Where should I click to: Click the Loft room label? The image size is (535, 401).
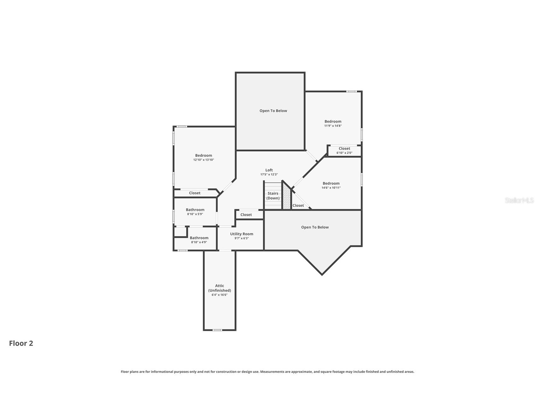click(269, 170)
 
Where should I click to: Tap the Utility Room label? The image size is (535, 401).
click(241, 234)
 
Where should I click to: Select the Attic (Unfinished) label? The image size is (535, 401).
click(219, 288)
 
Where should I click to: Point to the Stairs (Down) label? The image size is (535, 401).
click(273, 196)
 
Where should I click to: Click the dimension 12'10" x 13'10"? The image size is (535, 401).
click(204, 160)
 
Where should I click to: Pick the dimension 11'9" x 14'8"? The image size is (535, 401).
click(333, 126)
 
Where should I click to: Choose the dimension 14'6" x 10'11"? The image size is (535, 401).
click(331, 188)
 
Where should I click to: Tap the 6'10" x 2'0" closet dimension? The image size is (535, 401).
click(344, 153)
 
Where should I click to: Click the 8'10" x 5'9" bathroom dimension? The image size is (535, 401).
click(195, 214)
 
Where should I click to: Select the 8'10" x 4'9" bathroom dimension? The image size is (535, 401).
click(199, 242)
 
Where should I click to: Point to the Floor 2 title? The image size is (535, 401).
click(21, 343)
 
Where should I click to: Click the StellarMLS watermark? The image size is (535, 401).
click(519, 200)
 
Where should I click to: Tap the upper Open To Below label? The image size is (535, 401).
click(273, 111)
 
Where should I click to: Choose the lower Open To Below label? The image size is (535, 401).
click(315, 227)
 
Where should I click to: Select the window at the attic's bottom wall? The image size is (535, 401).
click(217, 330)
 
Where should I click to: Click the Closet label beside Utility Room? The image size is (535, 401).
click(246, 215)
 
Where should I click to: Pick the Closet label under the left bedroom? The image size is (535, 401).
click(195, 193)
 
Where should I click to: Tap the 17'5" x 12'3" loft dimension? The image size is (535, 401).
click(269, 175)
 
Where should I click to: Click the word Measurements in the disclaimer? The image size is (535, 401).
click(271, 372)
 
